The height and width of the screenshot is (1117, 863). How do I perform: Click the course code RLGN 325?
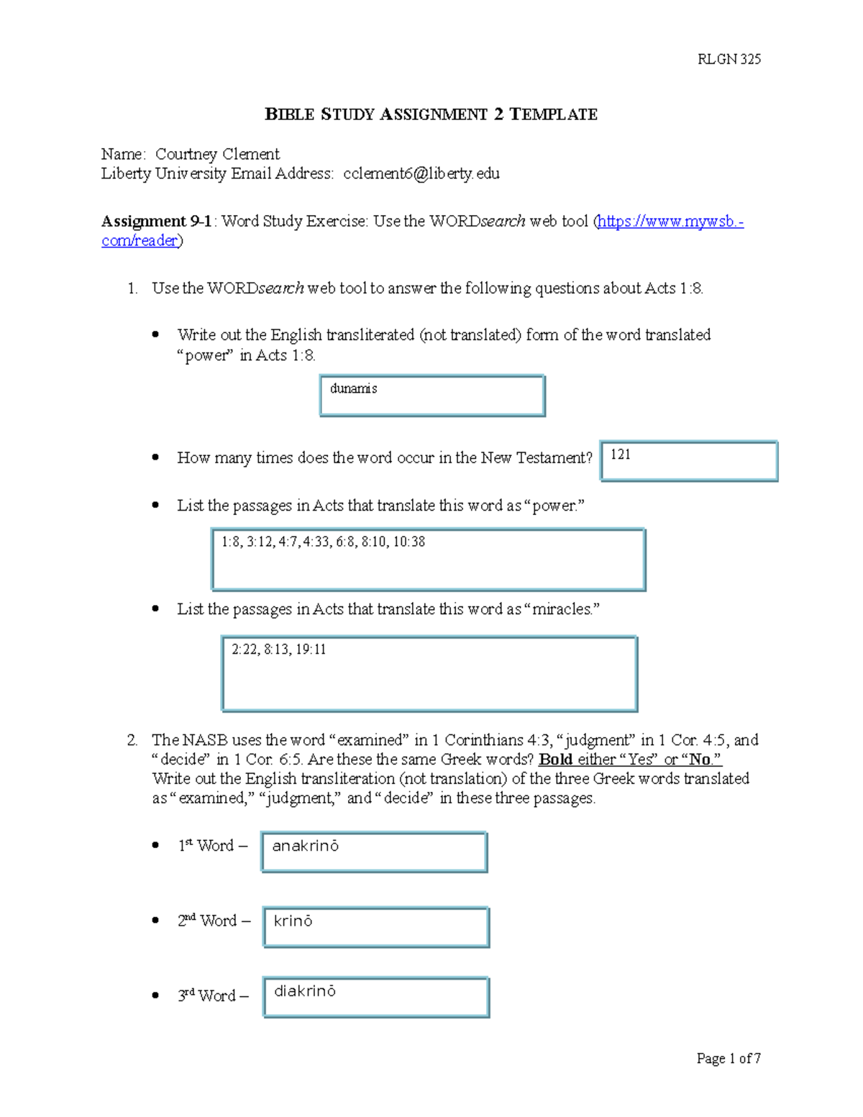729,60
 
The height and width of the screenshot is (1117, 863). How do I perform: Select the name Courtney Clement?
217,154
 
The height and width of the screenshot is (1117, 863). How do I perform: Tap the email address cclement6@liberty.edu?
421,173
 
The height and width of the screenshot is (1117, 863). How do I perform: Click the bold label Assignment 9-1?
156,222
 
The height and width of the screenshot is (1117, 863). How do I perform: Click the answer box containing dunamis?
432,396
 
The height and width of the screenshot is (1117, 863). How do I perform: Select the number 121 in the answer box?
621,455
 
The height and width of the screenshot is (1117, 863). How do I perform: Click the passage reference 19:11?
311,649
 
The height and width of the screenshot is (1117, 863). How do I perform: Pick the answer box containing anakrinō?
374,852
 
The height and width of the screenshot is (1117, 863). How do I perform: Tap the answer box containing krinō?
376,927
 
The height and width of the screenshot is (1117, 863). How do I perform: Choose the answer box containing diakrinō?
376,997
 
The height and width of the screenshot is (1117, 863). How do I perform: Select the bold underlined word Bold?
555,760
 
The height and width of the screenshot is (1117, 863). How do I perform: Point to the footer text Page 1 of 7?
729,1058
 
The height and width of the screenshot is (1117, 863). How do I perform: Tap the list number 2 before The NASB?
132,740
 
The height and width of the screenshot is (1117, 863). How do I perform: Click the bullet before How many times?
155,457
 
